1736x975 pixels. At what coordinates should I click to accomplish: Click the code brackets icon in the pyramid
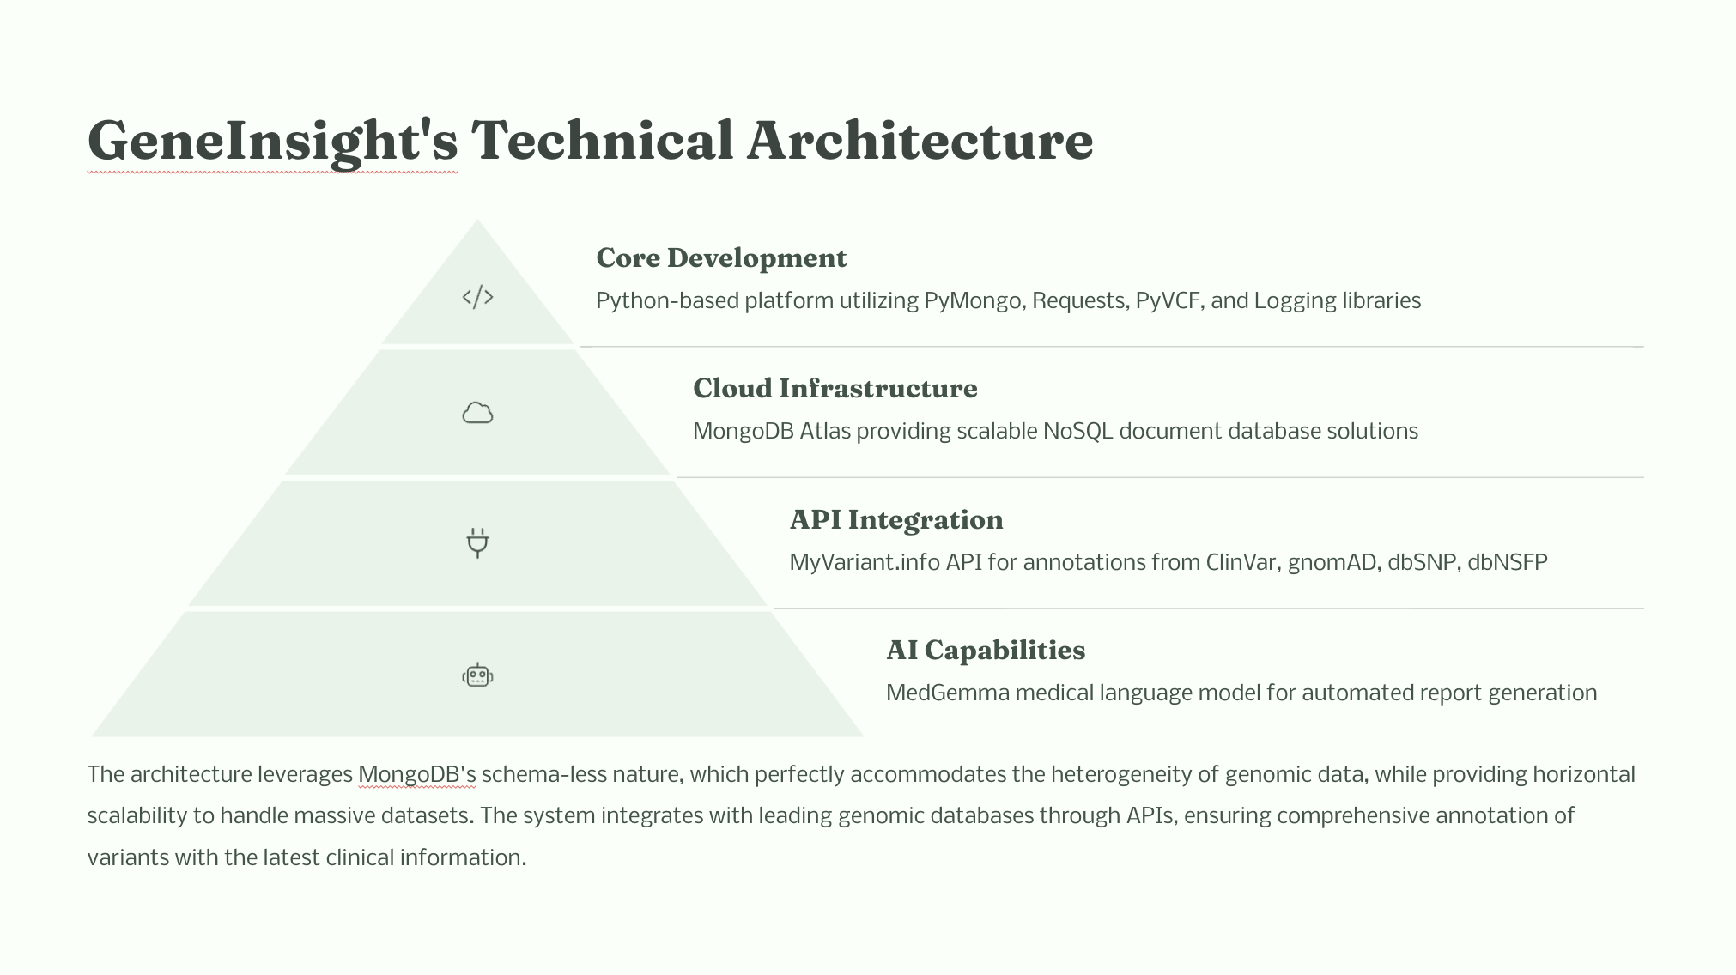point(477,297)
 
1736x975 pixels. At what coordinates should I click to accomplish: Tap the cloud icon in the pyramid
point(477,414)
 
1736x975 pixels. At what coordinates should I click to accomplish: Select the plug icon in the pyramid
point(477,543)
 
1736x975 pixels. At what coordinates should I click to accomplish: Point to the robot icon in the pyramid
point(477,675)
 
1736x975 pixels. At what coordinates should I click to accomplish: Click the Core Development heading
point(721,258)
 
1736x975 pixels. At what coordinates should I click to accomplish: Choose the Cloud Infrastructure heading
point(835,389)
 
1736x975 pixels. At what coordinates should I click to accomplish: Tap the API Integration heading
point(895,520)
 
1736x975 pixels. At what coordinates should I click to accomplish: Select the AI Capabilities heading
point(985,651)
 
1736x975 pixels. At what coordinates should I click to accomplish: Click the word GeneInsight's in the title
point(272,141)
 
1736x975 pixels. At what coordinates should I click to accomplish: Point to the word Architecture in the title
point(920,141)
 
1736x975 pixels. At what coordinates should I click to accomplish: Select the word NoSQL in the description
point(1077,431)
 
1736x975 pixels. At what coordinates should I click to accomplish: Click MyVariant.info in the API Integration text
point(865,563)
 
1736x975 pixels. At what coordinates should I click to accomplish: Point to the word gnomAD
point(1332,563)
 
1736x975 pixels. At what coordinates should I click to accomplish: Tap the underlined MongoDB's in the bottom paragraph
point(416,775)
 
